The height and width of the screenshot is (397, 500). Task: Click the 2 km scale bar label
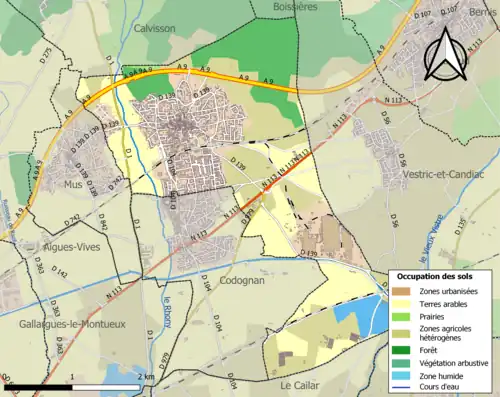coord(146,376)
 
